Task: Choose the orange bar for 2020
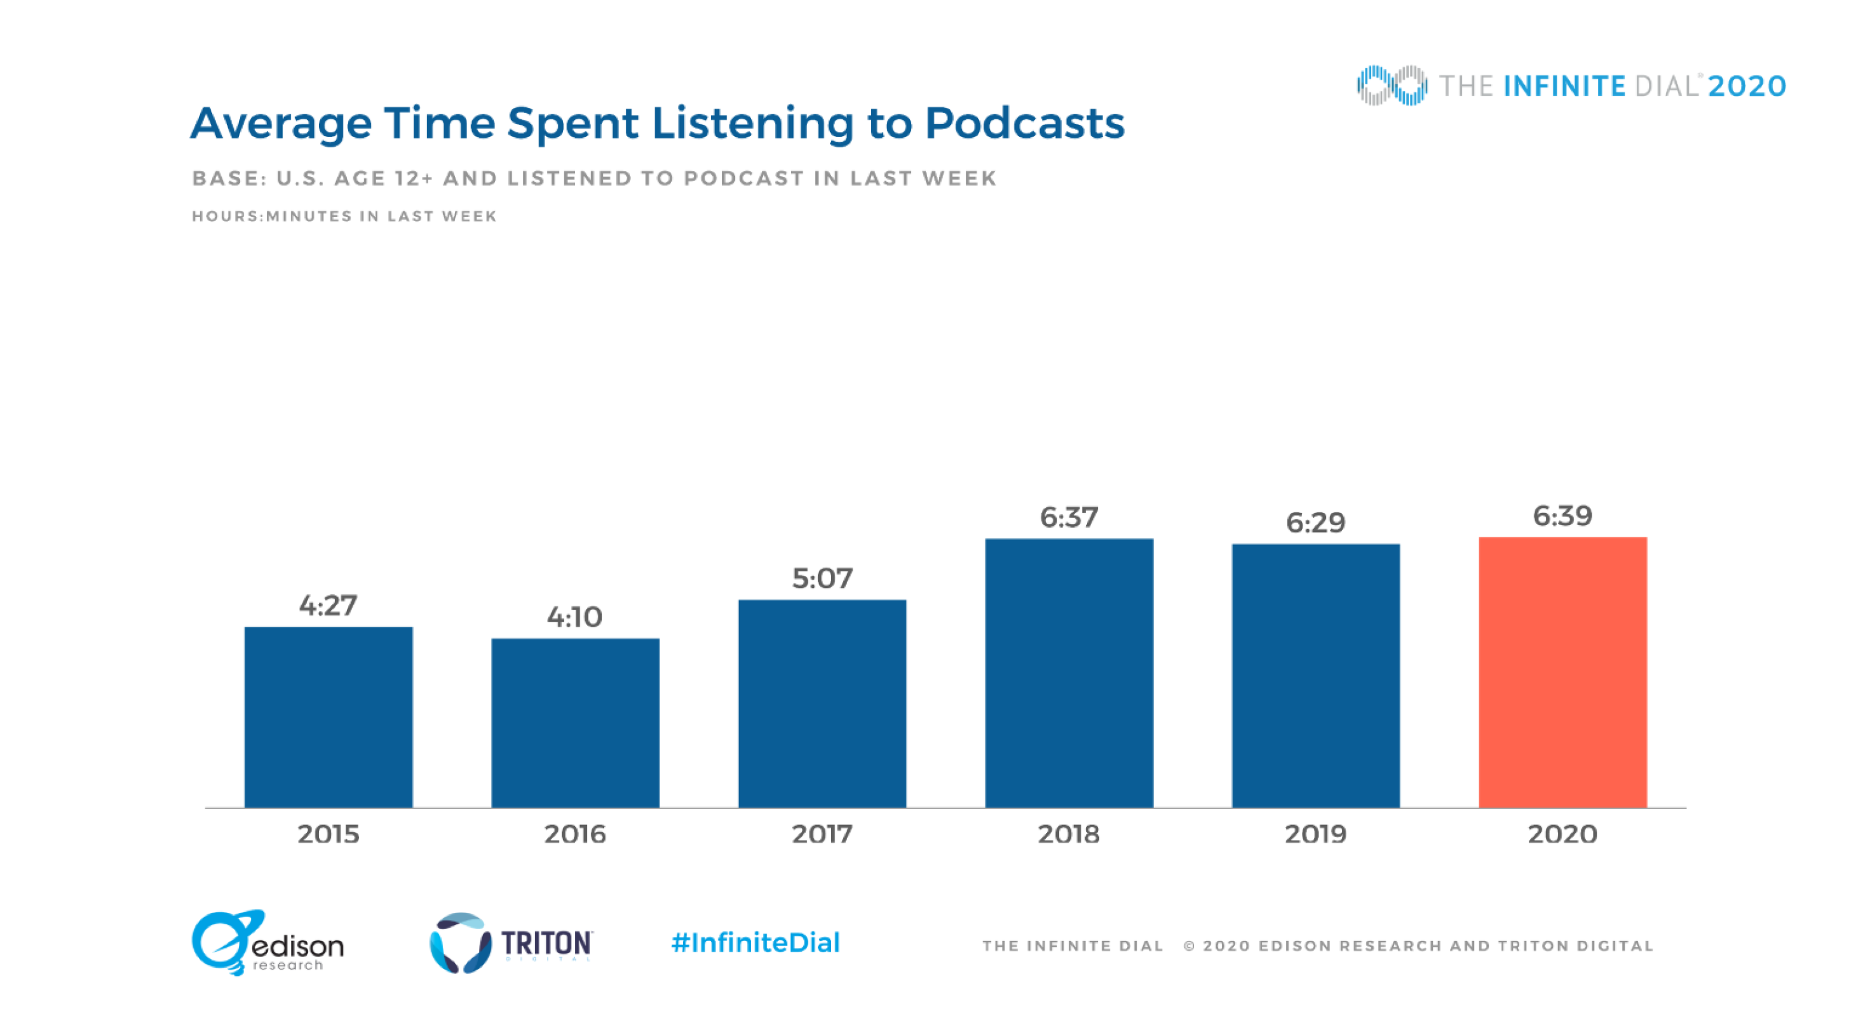(x=1562, y=672)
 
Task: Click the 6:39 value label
(x=1562, y=516)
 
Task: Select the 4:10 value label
(x=574, y=617)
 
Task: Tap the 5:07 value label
(x=822, y=578)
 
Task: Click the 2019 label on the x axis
(x=1316, y=834)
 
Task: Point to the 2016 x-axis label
(x=575, y=834)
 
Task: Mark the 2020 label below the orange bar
(x=1562, y=834)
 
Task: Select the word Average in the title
(x=281, y=124)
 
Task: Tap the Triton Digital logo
(x=511, y=943)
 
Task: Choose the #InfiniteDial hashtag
(x=755, y=943)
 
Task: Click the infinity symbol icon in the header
(x=1392, y=86)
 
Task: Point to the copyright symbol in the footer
(x=1189, y=946)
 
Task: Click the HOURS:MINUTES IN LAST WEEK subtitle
(x=344, y=216)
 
